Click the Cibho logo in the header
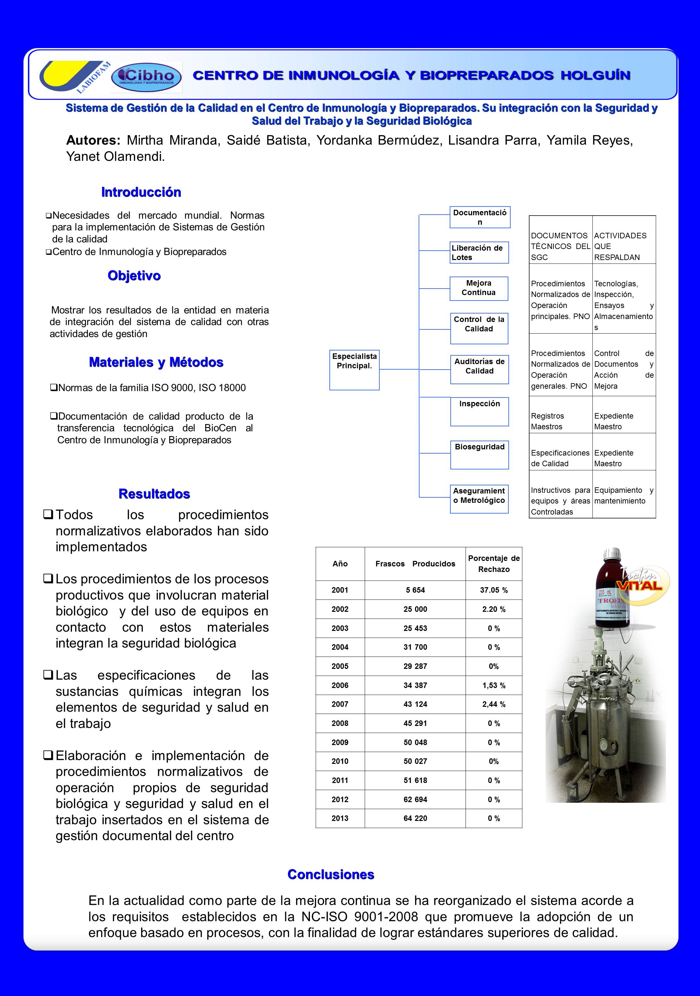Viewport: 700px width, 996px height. (x=147, y=77)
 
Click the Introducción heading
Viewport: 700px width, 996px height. (x=141, y=192)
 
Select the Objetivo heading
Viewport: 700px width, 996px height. (x=134, y=276)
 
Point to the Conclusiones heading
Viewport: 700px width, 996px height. (x=330, y=874)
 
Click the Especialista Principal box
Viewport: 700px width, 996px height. (x=354, y=369)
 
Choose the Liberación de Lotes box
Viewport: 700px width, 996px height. (x=479, y=253)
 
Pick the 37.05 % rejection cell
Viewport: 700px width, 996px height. (x=493, y=590)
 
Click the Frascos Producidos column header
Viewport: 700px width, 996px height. (x=415, y=563)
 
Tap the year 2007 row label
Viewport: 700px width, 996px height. (x=340, y=704)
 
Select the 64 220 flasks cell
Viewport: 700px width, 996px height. (x=415, y=818)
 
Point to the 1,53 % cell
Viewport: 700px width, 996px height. (x=493, y=685)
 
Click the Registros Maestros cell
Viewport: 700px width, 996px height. (x=560, y=421)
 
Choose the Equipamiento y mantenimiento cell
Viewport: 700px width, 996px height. (x=624, y=495)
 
